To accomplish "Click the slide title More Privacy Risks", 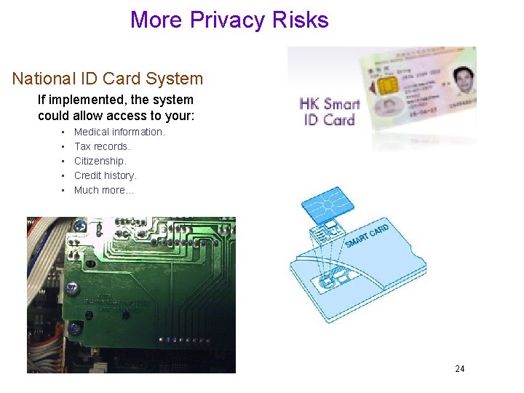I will click(x=229, y=20).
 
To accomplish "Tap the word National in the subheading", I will click(x=43, y=79).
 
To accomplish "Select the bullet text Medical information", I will click(x=119, y=132).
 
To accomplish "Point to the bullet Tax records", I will click(x=102, y=146).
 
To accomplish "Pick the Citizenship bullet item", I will click(x=100, y=161).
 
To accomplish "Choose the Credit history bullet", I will click(x=106, y=175).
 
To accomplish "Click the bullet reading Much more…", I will click(x=104, y=190).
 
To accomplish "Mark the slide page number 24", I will click(x=459, y=369).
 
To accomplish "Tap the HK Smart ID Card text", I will click(x=330, y=111).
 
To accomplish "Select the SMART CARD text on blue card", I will click(x=367, y=237).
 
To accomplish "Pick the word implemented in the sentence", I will click(x=84, y=100).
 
